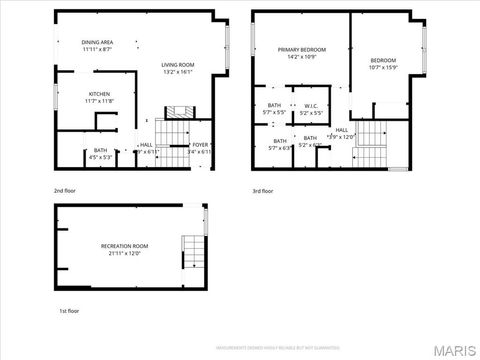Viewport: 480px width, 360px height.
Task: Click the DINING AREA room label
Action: click(97, 42)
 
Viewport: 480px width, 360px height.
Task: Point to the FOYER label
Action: click(200, 144)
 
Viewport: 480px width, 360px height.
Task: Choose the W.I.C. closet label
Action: click(311, 105)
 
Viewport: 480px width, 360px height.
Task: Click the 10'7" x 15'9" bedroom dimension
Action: click(383, 68)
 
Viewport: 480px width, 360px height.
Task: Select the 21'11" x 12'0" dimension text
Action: click(124, 253)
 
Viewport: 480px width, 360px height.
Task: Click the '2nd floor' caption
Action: click(66, 190)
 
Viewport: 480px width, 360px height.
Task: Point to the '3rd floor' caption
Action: click(261, 190)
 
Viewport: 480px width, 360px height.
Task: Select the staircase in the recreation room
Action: click(191, 253)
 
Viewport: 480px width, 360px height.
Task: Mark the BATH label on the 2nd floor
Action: click(100, 150)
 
